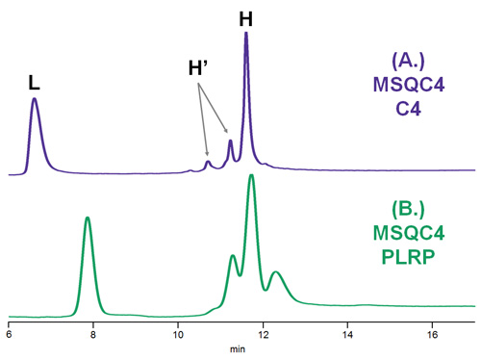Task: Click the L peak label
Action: pos(34,83)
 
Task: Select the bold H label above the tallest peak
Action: pos(245,17)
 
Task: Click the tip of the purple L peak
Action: pos(35,98)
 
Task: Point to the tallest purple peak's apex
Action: pos(246,34)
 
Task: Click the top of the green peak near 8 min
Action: pos(88,218)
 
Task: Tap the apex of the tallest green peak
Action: pos(251,175)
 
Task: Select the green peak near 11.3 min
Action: pos(232,255)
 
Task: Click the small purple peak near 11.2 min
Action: pos(230,141)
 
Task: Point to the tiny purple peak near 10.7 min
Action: pos(207,162)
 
